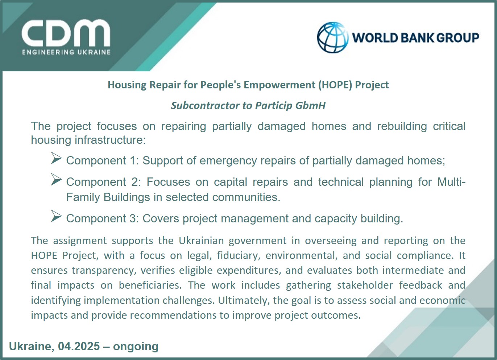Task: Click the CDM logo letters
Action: tap(66, 33)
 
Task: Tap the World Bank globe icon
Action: tap(332, 37)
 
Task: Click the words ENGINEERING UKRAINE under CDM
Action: tap(66, 52)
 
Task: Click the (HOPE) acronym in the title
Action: tap(335, 85)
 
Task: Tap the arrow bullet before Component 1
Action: tap(56, 158)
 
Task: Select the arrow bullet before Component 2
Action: tap(56, 179)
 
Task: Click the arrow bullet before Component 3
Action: tap(56, 216)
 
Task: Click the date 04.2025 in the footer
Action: tap(79, 346)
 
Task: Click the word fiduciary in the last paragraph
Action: tap(239, 256)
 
